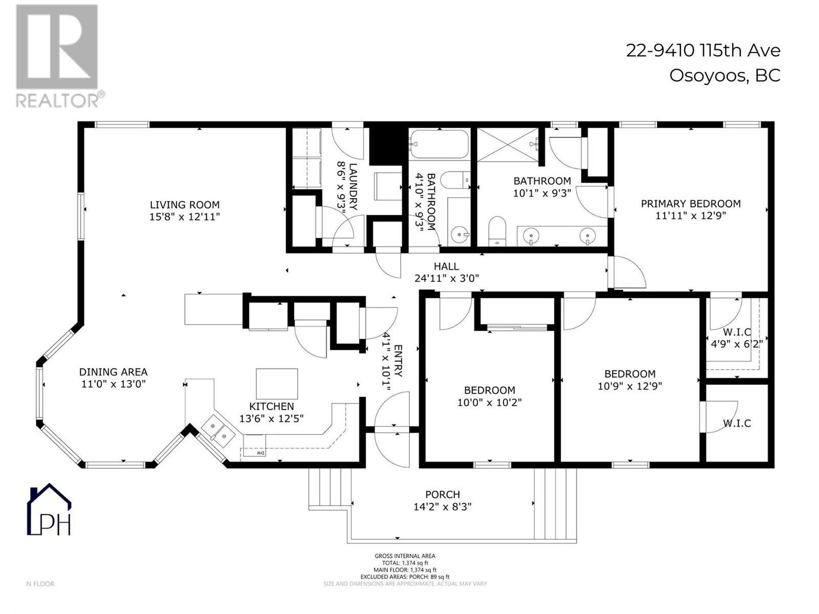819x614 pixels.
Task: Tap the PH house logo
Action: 49,510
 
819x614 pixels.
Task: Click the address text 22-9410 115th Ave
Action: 703,51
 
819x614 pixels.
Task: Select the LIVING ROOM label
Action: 185,205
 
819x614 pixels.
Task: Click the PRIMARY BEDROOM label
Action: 691,204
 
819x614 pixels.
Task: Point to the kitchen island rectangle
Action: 276,384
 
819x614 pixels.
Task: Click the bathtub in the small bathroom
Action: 439,144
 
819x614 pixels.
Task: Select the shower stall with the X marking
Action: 509,145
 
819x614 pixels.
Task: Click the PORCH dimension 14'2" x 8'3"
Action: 442,507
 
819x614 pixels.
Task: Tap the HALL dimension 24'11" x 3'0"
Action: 446,278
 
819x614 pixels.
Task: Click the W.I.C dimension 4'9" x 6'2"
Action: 737,344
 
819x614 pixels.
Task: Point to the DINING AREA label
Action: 113,372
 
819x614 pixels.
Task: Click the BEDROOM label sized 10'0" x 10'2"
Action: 489,390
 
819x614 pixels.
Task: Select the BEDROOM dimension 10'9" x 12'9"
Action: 630,386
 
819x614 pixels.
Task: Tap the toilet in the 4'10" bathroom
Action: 453,180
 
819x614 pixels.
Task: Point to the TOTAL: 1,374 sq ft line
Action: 405,563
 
